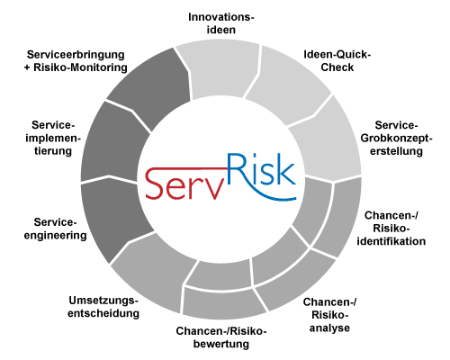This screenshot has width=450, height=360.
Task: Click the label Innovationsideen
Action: coord(221,23)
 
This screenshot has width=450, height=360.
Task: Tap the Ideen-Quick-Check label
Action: coord(337,61)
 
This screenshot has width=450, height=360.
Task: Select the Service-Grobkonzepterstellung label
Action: coord(396,138)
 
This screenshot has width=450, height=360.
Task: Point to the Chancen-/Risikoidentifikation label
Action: coord(391,229)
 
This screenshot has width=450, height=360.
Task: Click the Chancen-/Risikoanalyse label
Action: coord(329,315)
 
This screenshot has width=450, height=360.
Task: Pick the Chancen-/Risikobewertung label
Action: coord(221,337)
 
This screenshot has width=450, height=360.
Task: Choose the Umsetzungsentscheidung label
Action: coord(103,307)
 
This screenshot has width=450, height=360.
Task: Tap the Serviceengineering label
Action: coord(56,229)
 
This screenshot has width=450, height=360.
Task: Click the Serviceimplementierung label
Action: coord(53,138)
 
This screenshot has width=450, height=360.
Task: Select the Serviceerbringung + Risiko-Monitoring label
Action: coord(76,61)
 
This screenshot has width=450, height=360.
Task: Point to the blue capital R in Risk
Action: coord(237,169)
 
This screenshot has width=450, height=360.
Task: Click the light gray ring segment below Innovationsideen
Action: coord(220,70)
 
